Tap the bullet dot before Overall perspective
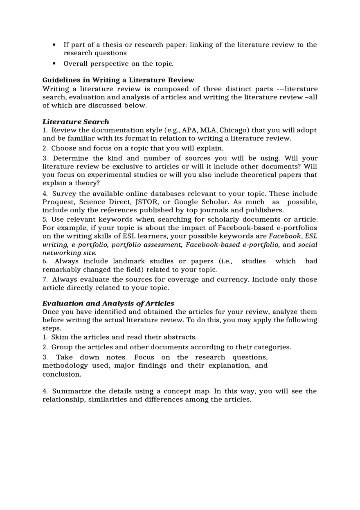tap(54, 64)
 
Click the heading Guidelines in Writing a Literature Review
tap(118, 80)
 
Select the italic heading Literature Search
tap(76, 122)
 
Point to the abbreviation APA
tap(189, 130)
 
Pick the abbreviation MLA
tap(208, 130)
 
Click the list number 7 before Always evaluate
tap(45, 280)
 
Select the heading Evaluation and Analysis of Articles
tap(108, 303)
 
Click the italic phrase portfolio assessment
tap(147, 245)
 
